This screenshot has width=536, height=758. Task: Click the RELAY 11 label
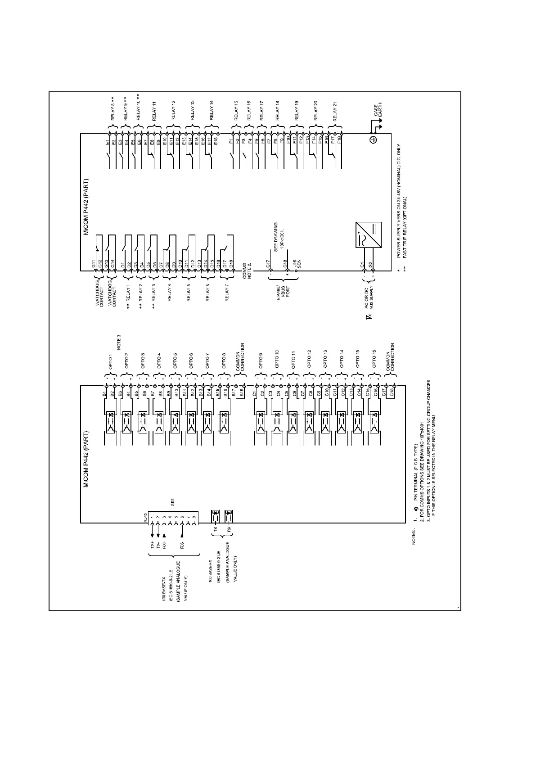point(154,111)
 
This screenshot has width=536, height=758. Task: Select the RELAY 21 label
point(335,111)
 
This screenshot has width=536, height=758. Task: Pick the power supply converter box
point(368,235)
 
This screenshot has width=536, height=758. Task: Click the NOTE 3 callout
point(119,343)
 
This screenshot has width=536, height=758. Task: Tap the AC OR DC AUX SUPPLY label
point(369,301)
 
